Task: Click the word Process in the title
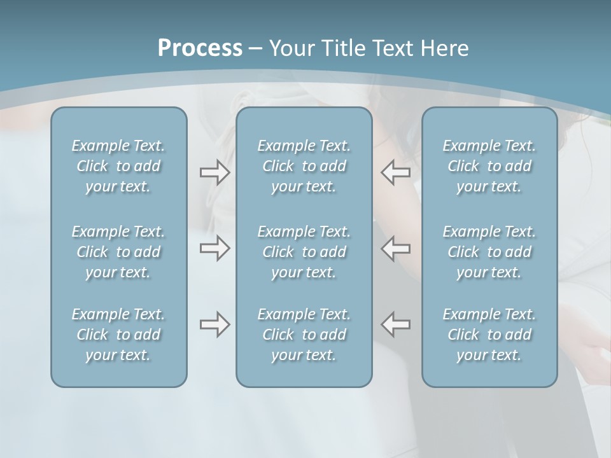tap(200, 48)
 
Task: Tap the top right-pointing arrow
tap(214, 172)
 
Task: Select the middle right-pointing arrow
tap(214, 248)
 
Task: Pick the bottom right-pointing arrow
tap(214, 324)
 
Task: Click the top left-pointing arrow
tap(395, 172)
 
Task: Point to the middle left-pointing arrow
tap(395, 248)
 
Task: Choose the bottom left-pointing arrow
tap(395, 324)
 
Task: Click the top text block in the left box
tap(118, 166)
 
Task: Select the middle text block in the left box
tap(118, 252)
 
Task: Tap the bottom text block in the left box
tap(118, 335)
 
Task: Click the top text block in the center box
tap(304, 166)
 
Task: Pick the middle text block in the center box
tap(304, 252)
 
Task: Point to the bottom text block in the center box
tap(304, 335)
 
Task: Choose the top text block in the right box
tap(489, 166)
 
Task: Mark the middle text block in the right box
tap(489, 252)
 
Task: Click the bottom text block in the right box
tap(489, 335)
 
